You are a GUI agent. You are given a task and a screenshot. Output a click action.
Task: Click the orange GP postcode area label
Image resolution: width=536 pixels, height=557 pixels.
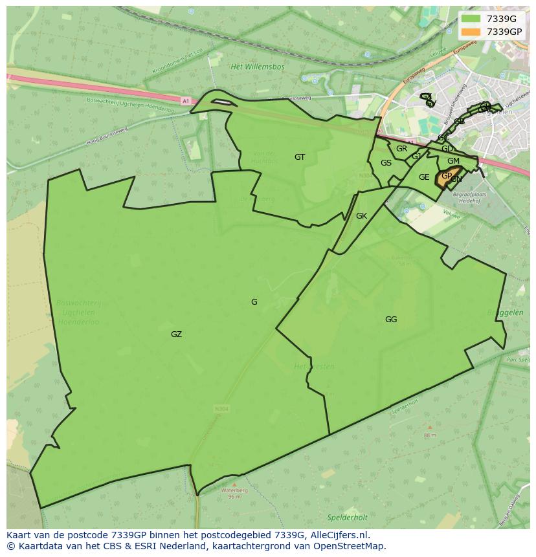(x=446, y=175)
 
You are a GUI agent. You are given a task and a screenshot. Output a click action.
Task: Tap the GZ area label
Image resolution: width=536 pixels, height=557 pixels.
(x=176, y=334)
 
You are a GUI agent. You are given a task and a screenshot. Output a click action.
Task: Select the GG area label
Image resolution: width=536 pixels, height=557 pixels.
(x=391, y=320)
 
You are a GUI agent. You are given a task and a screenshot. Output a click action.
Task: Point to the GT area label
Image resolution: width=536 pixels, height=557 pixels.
(x=300, y=157)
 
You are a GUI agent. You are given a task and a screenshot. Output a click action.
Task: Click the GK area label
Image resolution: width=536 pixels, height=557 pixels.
(x=361, y=216)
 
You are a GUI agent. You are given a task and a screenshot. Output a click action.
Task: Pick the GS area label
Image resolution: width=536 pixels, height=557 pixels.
(x=386, y=163)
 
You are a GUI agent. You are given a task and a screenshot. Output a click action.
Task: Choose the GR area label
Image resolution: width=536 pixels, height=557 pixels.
(x=401, y=149)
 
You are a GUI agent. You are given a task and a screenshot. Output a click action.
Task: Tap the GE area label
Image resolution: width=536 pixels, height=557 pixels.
(x=424, y=177)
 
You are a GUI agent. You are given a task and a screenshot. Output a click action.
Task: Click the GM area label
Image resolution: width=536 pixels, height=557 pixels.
(x=453, y=161)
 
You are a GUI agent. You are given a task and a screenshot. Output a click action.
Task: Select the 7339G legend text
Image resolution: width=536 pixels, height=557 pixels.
(x=501, y=19)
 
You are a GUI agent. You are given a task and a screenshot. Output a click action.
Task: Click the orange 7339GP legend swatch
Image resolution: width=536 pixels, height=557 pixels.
(x=471, y=32)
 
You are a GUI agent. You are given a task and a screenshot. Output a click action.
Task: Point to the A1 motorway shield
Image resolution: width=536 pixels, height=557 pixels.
(x=186, y=101)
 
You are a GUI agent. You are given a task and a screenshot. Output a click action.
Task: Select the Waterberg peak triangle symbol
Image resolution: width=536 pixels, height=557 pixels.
(x=234, y=483)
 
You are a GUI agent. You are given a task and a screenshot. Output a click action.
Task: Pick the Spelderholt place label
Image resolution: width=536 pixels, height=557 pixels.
(x=347, y=518)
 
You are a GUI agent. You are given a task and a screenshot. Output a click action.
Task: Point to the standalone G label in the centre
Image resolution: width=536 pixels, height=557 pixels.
(x=254, y=302)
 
